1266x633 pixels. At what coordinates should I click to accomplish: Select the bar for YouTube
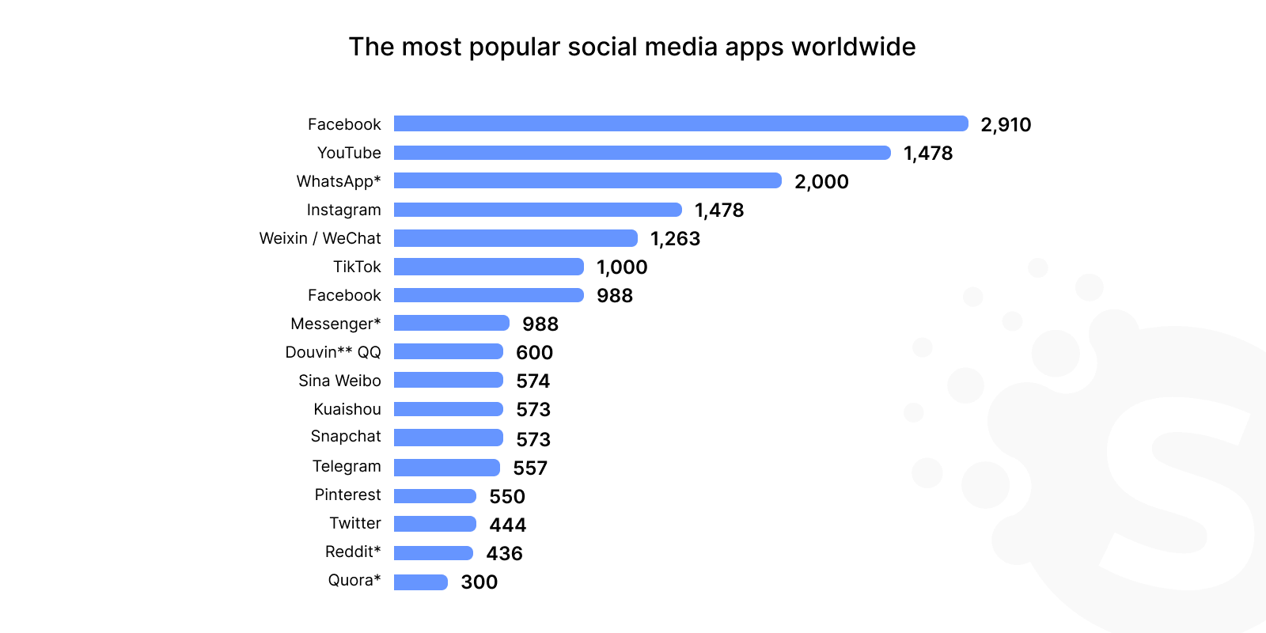tap(642, 153)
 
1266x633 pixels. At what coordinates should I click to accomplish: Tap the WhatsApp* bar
tap(587, 181)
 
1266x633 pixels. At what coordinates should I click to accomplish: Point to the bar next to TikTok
tap(488, 267)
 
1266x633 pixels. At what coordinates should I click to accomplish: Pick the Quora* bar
tap(420, 582)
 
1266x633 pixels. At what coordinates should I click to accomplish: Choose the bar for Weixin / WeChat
tap(515, 238)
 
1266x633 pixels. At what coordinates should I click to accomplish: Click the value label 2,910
tap(1006, 125)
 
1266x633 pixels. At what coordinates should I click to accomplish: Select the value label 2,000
tap(821, 182)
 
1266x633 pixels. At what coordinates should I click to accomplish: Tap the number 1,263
tap(675, 239)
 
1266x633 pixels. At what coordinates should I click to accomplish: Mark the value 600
tap(534, 353)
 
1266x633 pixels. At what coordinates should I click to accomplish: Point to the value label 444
tap(507, 525)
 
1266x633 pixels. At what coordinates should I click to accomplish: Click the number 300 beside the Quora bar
tap(479, 582)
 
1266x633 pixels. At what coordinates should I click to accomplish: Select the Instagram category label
tap(343, 210)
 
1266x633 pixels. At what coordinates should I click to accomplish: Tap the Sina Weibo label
tap(339, 381)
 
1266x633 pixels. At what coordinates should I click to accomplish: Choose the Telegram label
tap(347, 466)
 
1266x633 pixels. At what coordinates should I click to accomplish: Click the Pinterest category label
tap(347, 495)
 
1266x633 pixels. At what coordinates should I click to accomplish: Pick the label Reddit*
tap(353, 552)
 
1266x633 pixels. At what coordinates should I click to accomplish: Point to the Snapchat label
tap(346, 436)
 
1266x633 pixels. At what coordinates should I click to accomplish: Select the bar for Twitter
tap(434, 524)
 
